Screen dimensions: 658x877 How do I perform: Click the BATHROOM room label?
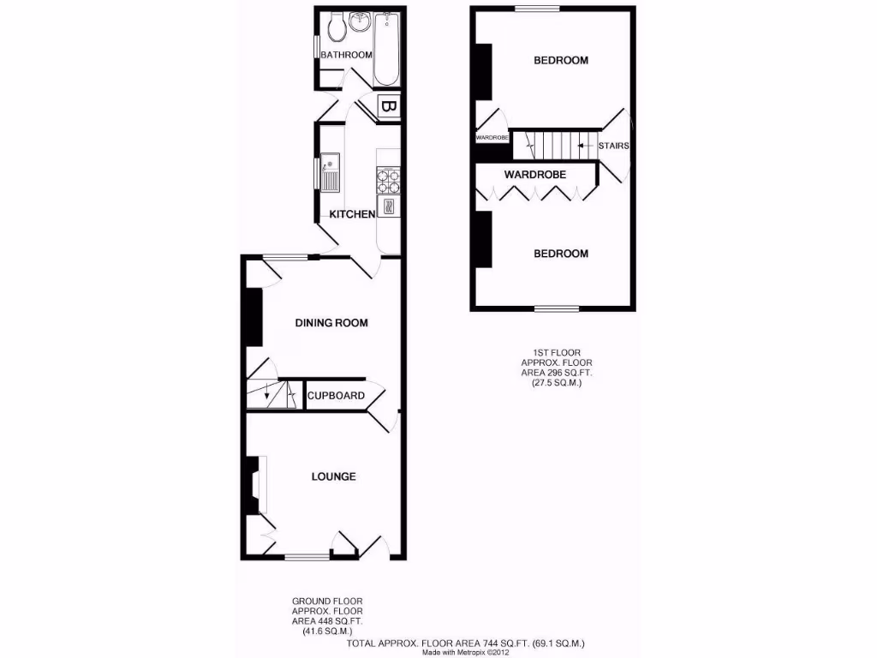pos(346,56)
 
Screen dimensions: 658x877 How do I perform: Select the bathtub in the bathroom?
pos(387,50)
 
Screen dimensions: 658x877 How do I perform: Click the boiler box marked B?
pos(387,108)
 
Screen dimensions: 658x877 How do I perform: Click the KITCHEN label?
pos(353,214)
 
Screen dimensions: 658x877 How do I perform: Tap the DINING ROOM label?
pos(331,323)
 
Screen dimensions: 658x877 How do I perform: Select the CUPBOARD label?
pos(337,396)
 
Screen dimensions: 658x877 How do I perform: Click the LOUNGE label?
pos(333,476)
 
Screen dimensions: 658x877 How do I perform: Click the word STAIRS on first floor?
pos(614,146)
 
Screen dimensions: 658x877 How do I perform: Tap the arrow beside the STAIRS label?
pos(587,146)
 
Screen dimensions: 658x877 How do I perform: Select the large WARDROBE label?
pos(535,175)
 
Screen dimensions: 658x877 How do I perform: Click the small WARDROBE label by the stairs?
pos(492,137)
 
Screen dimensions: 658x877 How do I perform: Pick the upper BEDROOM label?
pos(561,61)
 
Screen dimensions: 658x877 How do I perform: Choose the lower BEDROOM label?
pos(561,254)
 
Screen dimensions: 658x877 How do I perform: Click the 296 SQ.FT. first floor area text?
pos(557,373)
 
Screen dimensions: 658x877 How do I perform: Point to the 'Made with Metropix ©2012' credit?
pos(465,652)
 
